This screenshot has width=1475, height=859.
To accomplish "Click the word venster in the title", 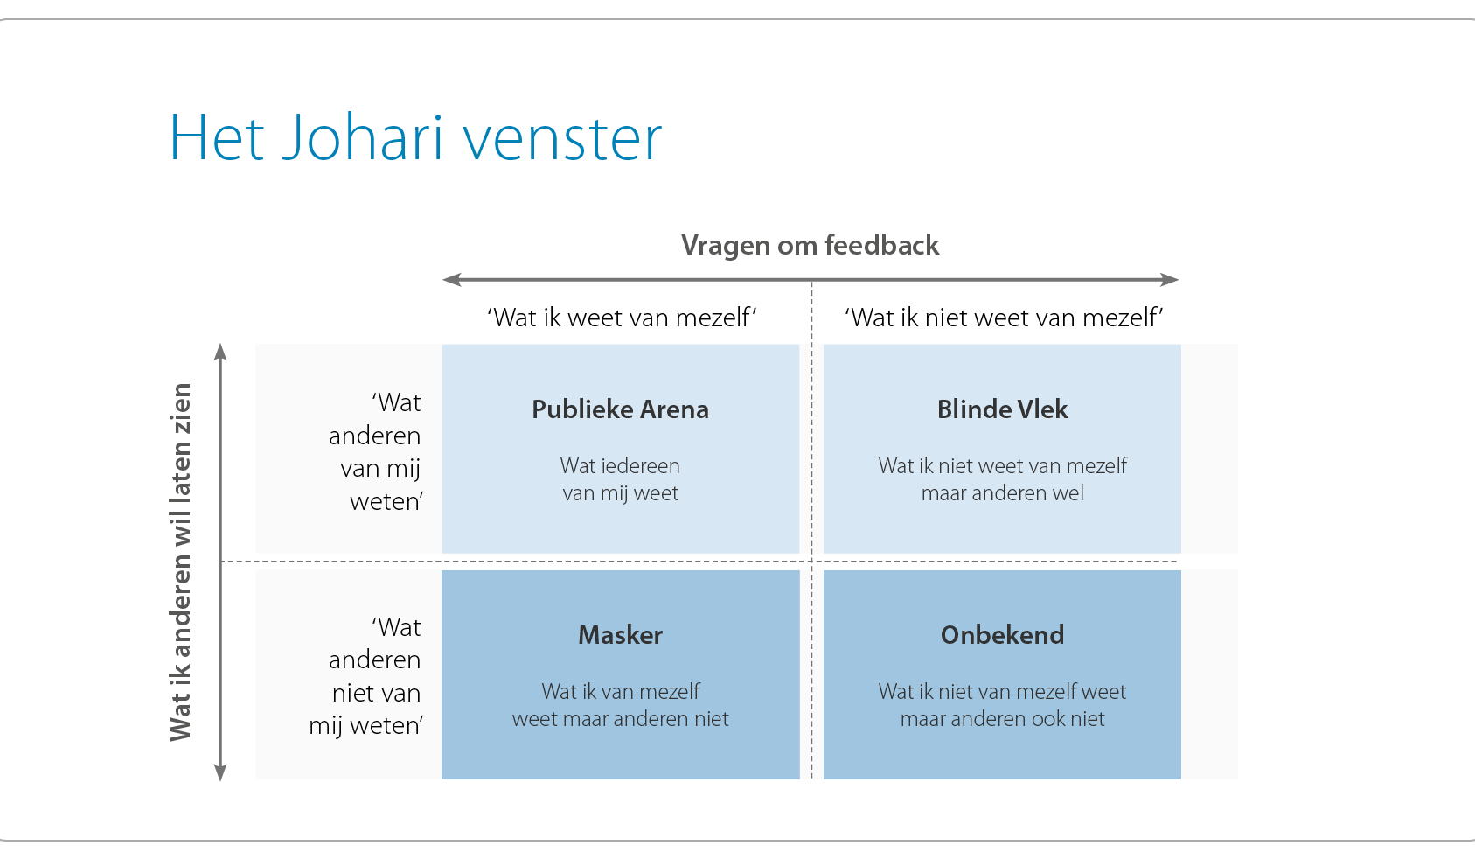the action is click(x=562, y=139).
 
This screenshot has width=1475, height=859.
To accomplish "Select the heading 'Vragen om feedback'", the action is click(x=810, y=246).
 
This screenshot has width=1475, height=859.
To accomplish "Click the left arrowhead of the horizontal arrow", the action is click(x=451, y=280).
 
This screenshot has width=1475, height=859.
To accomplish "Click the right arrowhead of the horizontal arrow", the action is click(x=1170, y=280).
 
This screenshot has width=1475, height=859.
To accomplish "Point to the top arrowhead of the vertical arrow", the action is click(x=220, y=352).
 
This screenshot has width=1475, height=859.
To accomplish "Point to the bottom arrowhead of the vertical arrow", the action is click(x=220, y=772).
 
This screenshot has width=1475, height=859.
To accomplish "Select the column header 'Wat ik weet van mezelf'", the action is click(x=622, y=318).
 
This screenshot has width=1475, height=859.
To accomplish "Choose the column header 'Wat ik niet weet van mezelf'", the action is click(x=1004, y=318).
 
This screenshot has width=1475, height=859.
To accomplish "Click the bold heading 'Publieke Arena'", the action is click(x=620, y=409).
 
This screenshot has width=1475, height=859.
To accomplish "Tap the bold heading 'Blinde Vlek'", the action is click(x=1002, y=409).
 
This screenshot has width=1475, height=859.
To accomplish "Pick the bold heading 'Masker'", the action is click(x=620, y=635).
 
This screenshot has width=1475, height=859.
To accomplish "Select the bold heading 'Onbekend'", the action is click(x=1002, y=635).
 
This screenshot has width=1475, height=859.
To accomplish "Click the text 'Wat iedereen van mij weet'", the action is click(x=620, y=479).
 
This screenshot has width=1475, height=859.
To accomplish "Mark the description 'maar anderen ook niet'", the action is click(x=1002, y=719).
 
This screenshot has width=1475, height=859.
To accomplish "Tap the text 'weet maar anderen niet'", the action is click(x=620, y=719).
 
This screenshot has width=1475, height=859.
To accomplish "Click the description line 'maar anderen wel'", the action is click(x=1002, y=493).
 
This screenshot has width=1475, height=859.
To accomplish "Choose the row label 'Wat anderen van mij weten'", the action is click(x=376, y=452).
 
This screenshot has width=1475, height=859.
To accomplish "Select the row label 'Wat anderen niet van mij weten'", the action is click(x=366, y=676).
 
